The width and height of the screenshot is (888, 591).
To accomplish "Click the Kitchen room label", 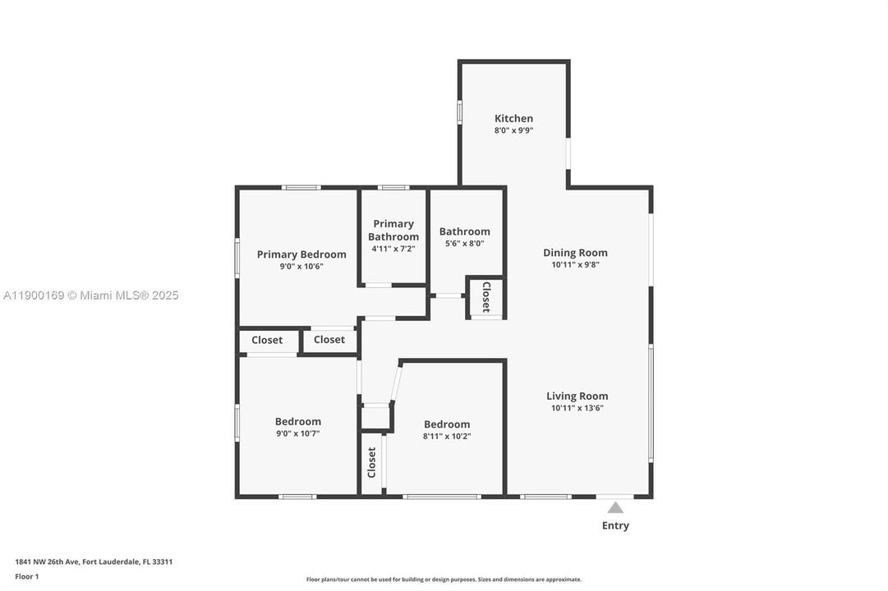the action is click(x=513, y=118).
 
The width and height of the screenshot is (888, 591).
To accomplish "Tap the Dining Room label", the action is click(x=575, y=253).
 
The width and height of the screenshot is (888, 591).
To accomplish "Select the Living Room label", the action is click(x=577, y=396).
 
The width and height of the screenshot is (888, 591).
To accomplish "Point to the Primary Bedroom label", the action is click(x=301, y=254).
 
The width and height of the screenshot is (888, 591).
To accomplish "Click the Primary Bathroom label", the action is click(x=393, y=231).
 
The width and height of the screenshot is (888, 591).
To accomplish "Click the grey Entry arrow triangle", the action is click(x=615, y=507).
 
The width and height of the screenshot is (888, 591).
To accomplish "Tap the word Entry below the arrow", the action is click(x=615, y=526).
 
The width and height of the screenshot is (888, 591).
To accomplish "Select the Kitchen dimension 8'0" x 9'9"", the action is click(x=513, y=131).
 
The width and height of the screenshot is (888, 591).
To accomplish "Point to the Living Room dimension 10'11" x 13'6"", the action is click(x=577, y=408).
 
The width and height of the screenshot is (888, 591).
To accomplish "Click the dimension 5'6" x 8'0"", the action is click(x=464, y=244).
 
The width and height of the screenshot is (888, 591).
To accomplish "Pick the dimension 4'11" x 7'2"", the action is click(x=393, y=249).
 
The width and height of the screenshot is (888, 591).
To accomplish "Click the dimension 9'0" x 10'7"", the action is click(x=298, y=433).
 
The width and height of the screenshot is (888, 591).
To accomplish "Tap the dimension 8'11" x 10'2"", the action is click(x=447, y=437).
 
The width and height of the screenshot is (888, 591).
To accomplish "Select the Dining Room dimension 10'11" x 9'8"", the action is click(x=575, y=264).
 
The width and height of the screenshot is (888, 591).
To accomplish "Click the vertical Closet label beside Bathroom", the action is click(x=486, y=297).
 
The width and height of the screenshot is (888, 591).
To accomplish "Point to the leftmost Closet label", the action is click(x=267, y=340).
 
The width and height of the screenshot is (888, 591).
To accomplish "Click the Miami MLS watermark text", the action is click(x=90, y=295).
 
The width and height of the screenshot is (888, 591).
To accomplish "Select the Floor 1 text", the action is click(x=26, y=577).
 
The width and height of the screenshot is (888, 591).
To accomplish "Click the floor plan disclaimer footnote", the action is click(x=444, y=580).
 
